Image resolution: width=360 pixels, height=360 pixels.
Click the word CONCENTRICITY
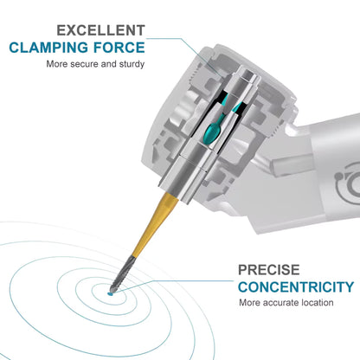(x=295, y=287)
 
